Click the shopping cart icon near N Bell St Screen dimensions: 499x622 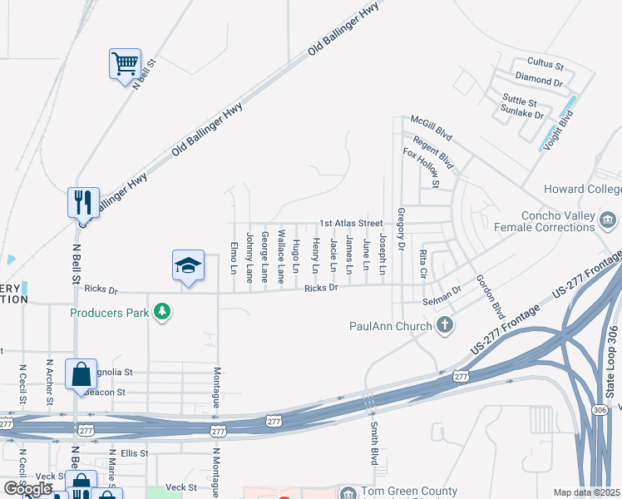coord(124,63)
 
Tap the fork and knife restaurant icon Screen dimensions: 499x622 coord(83,200)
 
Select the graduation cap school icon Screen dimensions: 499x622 coord(188,265)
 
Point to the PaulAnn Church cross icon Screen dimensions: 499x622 coord(445,325)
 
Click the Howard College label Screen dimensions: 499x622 coord(582,190)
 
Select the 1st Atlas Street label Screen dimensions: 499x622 coord(352,223)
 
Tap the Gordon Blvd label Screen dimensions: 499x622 coord(490,296)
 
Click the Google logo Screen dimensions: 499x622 coord(27,489)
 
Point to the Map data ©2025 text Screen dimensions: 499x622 coord(586,492)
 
